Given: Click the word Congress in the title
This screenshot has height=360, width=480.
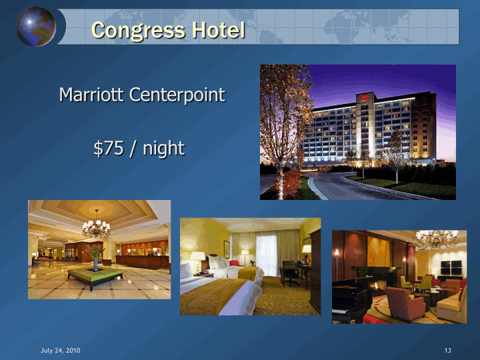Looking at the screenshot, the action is coord(138,31).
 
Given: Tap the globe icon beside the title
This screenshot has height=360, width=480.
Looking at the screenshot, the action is coord(36,26).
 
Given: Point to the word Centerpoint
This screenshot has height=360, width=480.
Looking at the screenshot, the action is coord(177,95).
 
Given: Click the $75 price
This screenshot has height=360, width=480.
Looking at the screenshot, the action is coord(109,148).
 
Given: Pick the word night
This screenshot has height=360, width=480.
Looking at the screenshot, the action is coord(164,149).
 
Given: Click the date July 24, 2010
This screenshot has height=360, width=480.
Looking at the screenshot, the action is coord(61,350).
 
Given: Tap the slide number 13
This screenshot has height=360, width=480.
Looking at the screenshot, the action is coord(448,350).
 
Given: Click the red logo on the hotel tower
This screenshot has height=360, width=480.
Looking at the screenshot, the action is coord(364,97).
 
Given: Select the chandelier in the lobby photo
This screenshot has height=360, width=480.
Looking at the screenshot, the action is coord(96,226).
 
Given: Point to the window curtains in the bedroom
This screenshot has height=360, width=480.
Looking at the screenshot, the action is coord(265,253).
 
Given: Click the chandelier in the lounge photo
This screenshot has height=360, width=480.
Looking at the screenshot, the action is coord(437,239).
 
